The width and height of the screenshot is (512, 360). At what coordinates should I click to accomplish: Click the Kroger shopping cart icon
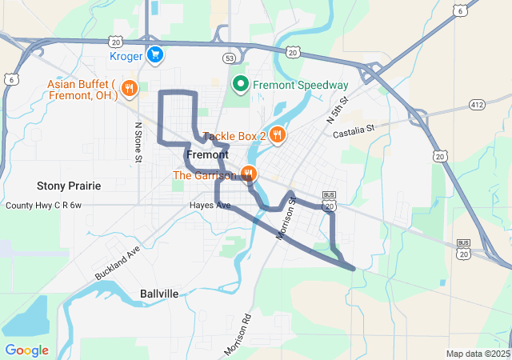click(155, 55)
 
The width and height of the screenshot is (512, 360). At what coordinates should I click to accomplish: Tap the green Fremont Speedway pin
click(239, 84)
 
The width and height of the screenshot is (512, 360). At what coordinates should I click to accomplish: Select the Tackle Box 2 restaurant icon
click(277, 134)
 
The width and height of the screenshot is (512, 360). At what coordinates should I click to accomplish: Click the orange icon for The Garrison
click(249, 174)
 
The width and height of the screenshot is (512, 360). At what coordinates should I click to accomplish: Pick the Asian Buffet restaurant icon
click(130, 88)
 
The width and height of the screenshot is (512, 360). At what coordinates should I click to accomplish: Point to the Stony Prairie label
click(69, 186)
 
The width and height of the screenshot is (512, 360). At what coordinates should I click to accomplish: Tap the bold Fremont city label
click(207, 154)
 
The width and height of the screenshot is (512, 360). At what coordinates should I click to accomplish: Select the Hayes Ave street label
click(210, 206)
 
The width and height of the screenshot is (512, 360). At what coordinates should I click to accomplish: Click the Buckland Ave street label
click(117, 262)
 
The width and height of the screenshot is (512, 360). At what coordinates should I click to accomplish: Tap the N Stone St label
click(138, 143)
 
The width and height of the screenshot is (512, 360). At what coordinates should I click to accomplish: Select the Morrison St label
click(286, 217)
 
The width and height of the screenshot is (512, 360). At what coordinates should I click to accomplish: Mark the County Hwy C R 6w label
click(44, 206)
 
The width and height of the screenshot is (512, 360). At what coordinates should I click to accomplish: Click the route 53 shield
click(230, 58)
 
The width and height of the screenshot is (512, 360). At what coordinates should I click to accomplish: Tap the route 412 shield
click(478, 105)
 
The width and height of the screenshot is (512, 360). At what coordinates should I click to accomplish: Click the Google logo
click(26, 350)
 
